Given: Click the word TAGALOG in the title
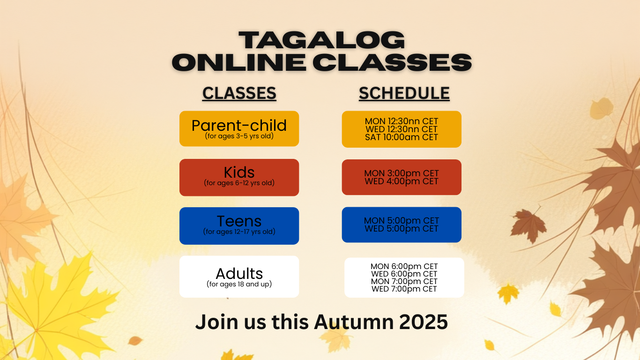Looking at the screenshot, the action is click(322, 40).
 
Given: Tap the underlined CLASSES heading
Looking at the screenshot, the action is click(239, 93).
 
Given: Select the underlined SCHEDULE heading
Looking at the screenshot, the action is click(404, 93).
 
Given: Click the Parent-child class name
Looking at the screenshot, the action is click(239, 125).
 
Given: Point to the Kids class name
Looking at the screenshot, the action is click(239, 172).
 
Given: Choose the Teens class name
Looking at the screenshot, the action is click(239, 221).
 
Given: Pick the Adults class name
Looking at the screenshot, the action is click(239, 274).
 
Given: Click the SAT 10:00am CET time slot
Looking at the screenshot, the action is click(402, 137).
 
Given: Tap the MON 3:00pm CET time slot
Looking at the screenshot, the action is click(402, 173).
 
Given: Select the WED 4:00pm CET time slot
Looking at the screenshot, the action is click(402, 181).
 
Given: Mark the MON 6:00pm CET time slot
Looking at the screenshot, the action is click(404, 266).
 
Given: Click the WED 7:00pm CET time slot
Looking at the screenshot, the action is click(404, 289).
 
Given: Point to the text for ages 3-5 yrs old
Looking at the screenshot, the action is click(239, 136).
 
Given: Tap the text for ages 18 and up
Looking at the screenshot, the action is click(239, 284).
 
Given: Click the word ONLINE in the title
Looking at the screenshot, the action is click(239, 62).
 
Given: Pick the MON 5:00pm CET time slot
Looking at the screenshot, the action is click(402, 221).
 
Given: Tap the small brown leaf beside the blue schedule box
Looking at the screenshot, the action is click(528, 225).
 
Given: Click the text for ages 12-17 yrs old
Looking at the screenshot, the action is click(239, 232).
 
